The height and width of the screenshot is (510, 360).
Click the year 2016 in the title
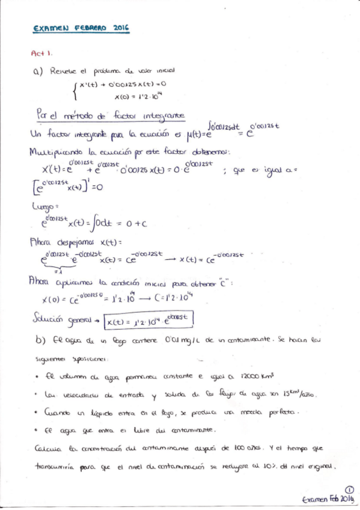point(120,28)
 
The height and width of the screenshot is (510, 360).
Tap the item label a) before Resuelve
point(39,71)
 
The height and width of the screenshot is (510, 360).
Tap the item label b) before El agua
point(40,340)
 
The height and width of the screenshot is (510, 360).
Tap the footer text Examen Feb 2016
point(328,499)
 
